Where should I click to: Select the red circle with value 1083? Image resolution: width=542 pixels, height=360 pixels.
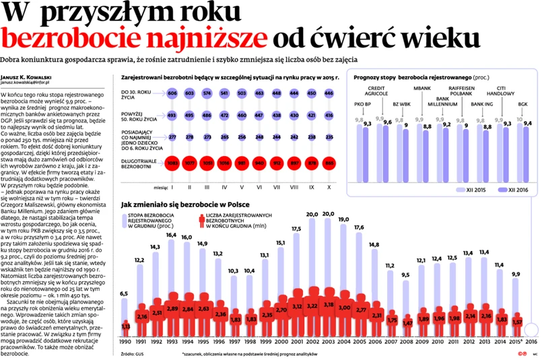pos(172,162)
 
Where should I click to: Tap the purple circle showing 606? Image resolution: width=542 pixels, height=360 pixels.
pos(172,93)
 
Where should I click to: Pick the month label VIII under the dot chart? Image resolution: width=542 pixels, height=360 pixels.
pos(294,179)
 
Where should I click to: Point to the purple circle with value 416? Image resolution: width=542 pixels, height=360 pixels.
pos(329,116)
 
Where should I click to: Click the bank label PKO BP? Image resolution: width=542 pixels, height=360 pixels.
pos(364,105)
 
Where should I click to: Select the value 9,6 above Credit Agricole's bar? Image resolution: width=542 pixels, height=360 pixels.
pos(386,122)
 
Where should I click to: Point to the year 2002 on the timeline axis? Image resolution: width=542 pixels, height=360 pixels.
pos(312,341)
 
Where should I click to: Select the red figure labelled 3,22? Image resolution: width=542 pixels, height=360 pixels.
pos(312,305)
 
